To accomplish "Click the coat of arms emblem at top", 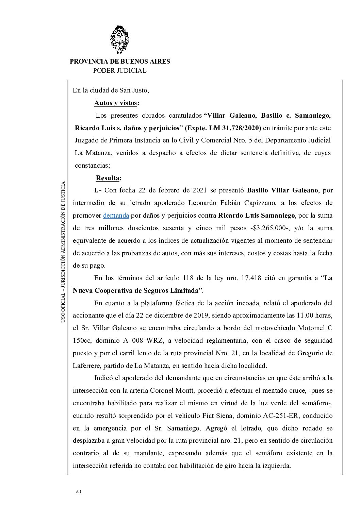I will point(119,40).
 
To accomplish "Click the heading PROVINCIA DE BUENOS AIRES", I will point(120,62).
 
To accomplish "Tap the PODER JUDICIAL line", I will point(120,71).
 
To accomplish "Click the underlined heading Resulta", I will point(109,178).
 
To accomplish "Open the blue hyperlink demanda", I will point(116,215).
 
